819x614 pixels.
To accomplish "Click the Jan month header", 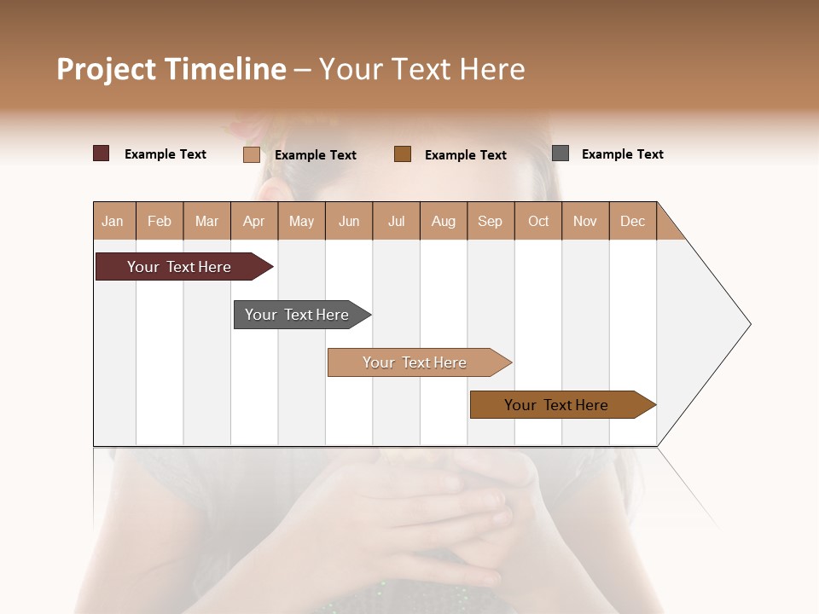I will (x=113, y=221).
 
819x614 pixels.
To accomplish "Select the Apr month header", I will (x=254, y=221).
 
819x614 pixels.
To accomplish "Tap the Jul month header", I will (x=396, y=221).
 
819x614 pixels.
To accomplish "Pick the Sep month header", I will (x=490, y=221).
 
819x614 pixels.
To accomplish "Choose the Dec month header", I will (x=632, y=221).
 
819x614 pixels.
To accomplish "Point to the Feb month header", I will (x=160, y=221).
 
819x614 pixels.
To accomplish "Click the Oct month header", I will (x=538, y=221).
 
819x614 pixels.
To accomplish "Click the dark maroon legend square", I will (x=102, y=153).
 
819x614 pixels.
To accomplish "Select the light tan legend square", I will (x=252, y=154).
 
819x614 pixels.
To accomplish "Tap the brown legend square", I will (x=403, y=153).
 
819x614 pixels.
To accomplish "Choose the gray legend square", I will (x=561, y=153).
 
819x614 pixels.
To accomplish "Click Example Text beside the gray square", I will (x=622, y=154).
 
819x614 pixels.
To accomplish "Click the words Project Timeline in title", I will (x=171, y=69).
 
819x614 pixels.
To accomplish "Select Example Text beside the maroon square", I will (x=166, y=154).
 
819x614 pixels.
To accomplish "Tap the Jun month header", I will (x=349, y=221).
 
